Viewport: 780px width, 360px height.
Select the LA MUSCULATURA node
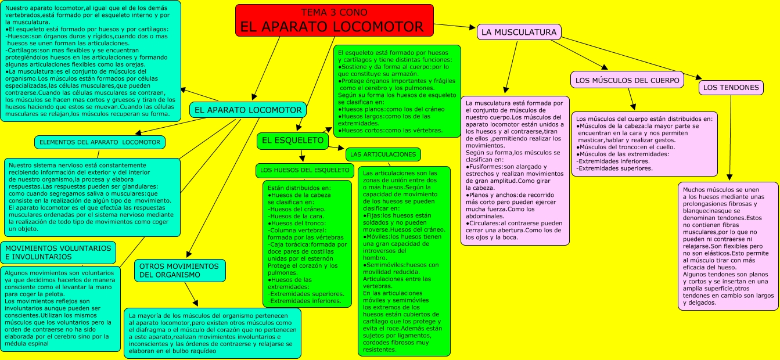click(x=519, y=33)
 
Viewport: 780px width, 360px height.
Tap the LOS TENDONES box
click(x=731, y=88)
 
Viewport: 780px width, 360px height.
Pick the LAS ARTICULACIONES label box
click(x=383, y=154)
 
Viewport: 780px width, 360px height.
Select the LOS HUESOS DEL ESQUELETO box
click(x=304, y=171)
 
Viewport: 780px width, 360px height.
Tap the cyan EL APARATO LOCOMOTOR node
click(x=248, y=110)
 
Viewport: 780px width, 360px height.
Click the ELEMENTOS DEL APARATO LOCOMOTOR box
click(x=100, y=142)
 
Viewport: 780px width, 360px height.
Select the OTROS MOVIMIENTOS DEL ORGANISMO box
click(x=180, y=271)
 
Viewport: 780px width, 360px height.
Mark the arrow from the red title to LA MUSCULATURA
click(x=455, y=26)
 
